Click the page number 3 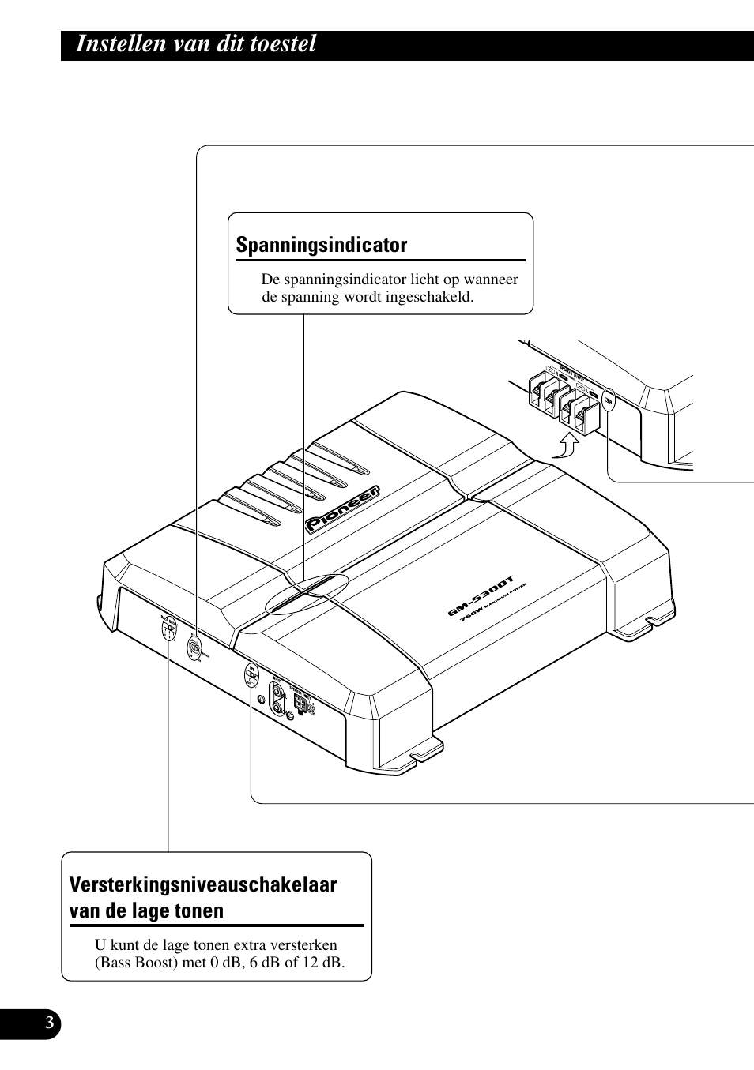(49, 1023)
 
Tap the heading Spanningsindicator (322, 245)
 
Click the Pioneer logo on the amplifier (343, 509)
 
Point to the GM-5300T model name (481, 595)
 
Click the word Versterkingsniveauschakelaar (203, 884)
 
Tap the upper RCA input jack (277, 691)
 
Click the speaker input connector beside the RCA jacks (300, 702)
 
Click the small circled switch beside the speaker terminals (608, 401)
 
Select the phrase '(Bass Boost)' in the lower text (134, 963)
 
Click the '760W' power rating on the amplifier (471, 614)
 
